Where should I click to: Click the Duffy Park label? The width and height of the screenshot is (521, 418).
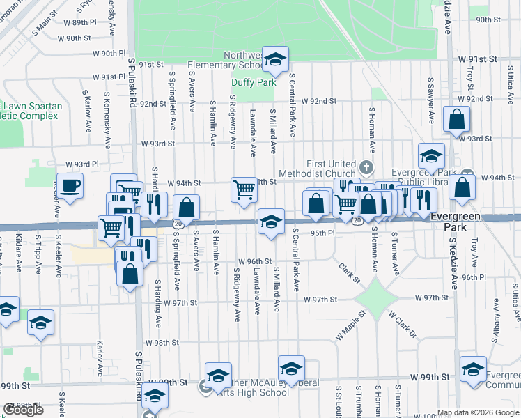point(244,82)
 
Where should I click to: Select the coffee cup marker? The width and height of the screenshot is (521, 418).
point(70,187)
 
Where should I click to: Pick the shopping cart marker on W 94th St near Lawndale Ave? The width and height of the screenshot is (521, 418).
point(244,189)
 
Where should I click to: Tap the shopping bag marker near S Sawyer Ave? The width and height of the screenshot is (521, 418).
point(457,119)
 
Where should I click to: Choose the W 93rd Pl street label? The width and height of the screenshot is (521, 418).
point(83,164)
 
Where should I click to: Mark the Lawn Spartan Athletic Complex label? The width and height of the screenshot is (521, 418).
point(31,111)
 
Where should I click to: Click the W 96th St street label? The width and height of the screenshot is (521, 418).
point(254,261)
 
